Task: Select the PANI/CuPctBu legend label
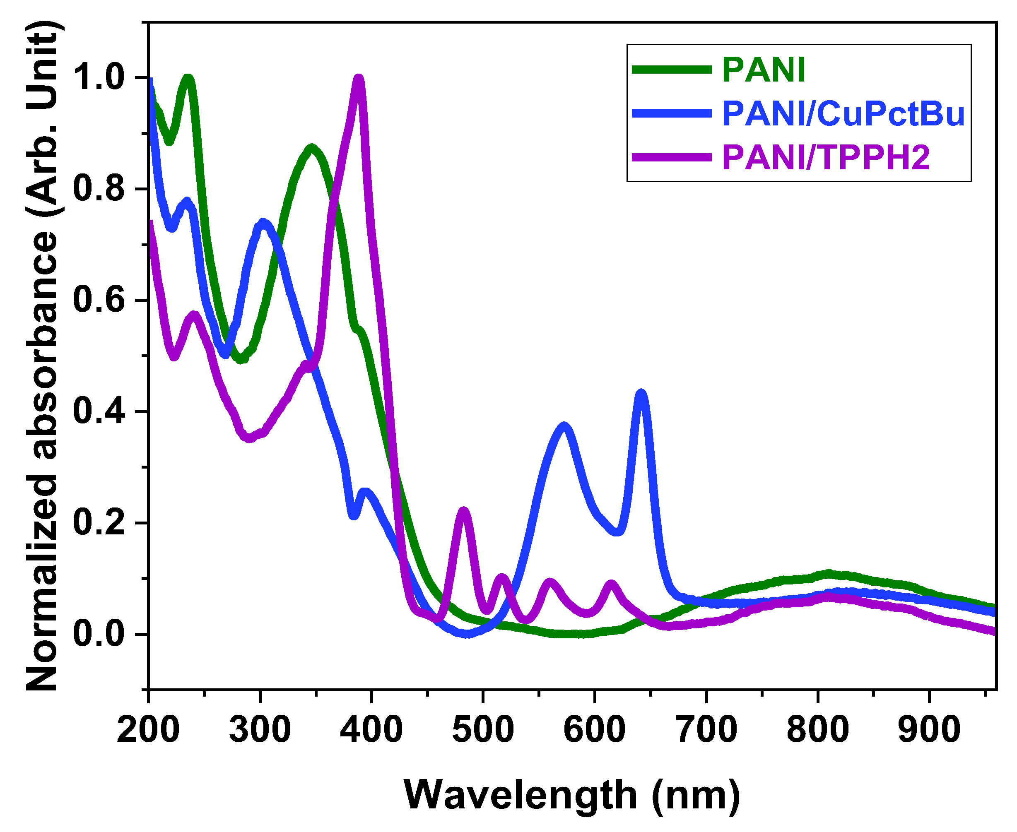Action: pyautogui.click(x=843, y=114)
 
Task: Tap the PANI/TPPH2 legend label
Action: pyautogui.click(x=826, y=157)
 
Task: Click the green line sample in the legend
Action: pyautogui.click(x=671, y=70)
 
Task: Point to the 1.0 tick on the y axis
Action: pyautogui.click(x=98, y=78)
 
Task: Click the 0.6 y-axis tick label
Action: pyautogui.click(x=98, y=301)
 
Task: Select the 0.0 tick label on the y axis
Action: pyautogui.click(x=98, y=634)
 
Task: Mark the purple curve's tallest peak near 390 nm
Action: pyautogui.click(x=359, y=79)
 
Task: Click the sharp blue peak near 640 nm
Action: pyautogui.click(x=641, y=393)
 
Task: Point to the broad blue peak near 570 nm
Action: pyautogui.click(x=564, y=426)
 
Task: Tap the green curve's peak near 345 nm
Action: pyautogui.click(x=312, y=148)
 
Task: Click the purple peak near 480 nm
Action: pyautogui.click(x=464, y=510)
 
